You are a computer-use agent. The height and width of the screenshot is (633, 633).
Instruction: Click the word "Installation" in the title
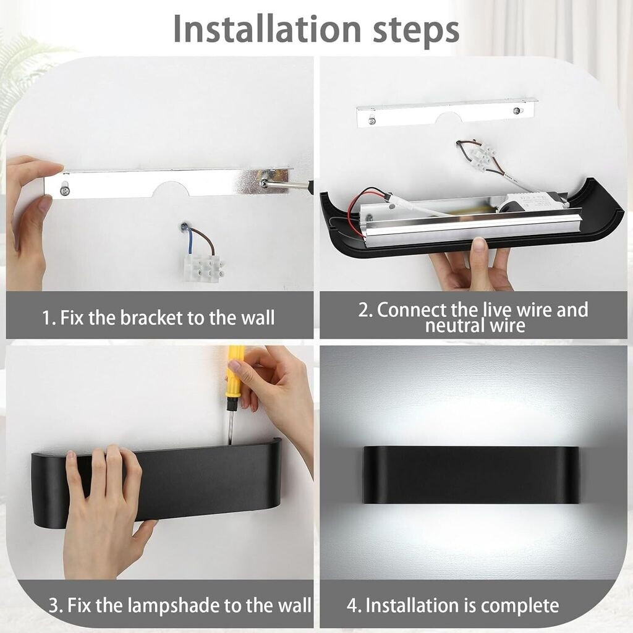click(267, 29)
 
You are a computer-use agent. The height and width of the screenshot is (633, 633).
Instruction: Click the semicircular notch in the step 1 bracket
click(171, 189)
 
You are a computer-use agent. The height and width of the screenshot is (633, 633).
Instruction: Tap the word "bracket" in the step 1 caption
click(152, 318)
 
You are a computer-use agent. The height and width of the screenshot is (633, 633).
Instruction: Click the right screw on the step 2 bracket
click(516, 111)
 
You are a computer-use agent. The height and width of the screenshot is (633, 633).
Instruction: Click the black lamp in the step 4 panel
click(470, 475)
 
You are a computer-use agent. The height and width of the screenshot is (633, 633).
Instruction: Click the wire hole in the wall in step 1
click(184, 227)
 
